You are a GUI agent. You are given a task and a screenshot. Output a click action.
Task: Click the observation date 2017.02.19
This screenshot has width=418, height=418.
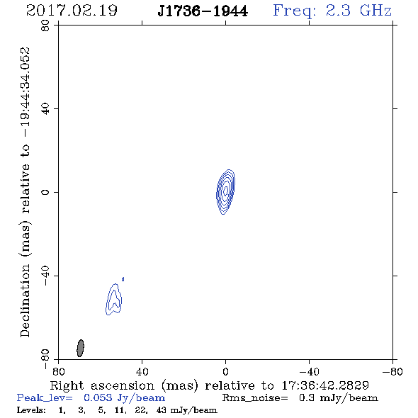[72, 11]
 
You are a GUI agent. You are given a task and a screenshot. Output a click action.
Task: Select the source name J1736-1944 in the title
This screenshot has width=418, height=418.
[203, 11]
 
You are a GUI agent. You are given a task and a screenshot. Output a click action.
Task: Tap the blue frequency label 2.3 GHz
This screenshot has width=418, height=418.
[358, 11]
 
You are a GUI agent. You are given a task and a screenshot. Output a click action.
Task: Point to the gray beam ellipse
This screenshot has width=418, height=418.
[80, 348]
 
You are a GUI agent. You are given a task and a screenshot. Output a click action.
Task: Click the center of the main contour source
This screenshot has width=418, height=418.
[225, 191]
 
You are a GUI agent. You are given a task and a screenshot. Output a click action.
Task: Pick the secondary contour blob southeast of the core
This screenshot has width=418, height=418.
[114, 299]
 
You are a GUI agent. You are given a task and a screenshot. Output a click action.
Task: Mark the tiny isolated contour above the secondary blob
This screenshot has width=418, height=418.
[123, 279]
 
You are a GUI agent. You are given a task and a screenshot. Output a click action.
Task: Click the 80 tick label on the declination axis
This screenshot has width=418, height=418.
[45, 26]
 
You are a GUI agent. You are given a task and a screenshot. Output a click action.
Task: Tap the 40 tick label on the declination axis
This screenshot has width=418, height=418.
[45, 109]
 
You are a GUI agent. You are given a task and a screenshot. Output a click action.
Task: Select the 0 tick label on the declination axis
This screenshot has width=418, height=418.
[45, 192]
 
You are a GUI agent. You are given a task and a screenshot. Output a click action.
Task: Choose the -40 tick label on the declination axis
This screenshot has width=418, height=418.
[45, 276]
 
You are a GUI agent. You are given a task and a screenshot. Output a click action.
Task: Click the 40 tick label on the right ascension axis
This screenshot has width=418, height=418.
[142, 371]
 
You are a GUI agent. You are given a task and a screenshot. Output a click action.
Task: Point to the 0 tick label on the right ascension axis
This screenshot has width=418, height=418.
[225, 371]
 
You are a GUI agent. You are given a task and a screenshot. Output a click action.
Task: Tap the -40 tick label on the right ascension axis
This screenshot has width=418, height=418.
[309, 371]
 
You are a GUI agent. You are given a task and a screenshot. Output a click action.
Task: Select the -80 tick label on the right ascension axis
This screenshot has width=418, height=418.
[392, 371]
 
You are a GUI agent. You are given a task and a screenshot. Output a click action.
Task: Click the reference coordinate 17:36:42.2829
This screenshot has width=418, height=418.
[325, 385]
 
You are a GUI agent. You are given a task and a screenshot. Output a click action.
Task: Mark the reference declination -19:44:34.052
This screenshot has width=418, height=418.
[26, 92]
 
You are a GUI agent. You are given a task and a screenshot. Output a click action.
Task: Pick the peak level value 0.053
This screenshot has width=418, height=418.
[98, 397]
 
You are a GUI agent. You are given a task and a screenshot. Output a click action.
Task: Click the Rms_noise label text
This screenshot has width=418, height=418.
[255, 398]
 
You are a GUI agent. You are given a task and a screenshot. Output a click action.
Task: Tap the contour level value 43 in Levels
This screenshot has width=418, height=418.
[162, 409]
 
